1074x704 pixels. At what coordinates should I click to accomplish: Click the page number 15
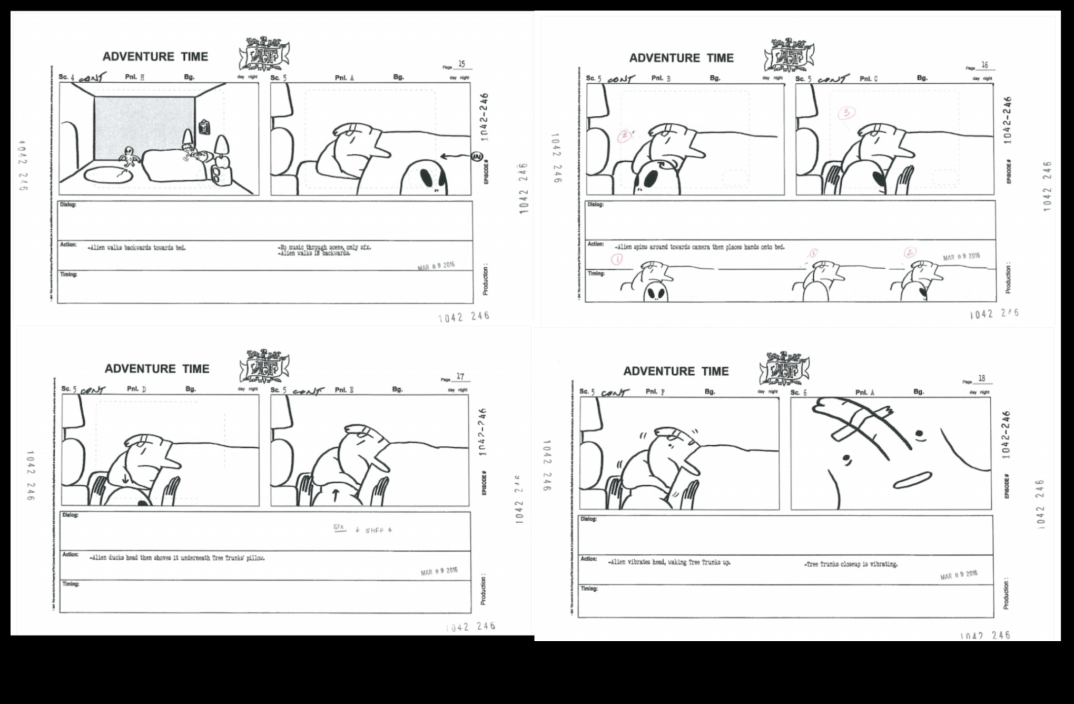pyautogui.click(x=462, y=64)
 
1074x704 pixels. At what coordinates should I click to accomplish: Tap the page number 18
pyautogui.click(x=982, y=378)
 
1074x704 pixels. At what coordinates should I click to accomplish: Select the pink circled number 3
pyautogui.click(x=846, y=113)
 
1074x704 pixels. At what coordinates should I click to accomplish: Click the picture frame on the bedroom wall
pyautogui.click(x=204, y=127)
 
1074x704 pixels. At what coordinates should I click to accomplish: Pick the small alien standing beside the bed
pyautogui.click(x=128, y=157)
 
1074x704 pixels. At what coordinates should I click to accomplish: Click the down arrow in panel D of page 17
pyautogui.click(x=125, y=478)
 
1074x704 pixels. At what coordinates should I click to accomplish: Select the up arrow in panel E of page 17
pyautogui.click(x=336, y=495)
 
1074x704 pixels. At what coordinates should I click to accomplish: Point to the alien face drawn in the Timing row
pyautogui.click(x=656, y=291)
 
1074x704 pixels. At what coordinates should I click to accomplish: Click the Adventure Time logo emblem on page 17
pyautogui.click(x=264, y=365)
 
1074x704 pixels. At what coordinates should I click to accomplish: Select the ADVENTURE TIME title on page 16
pyautogui.click(x=681, y=58)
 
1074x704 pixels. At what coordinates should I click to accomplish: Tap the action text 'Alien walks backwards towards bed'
pyautogui.click(x=137, y=248)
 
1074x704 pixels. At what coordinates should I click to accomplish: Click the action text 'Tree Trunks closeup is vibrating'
pyautogui.click(x=851, y=564)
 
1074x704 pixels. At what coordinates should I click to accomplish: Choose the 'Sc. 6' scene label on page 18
pyautogui.click(x=799, y=393)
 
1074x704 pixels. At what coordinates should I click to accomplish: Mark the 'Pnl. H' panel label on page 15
pyautogui.click(x=135, y=77)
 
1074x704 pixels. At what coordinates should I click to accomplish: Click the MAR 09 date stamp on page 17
pyautogui.click(x=439, y=572)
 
